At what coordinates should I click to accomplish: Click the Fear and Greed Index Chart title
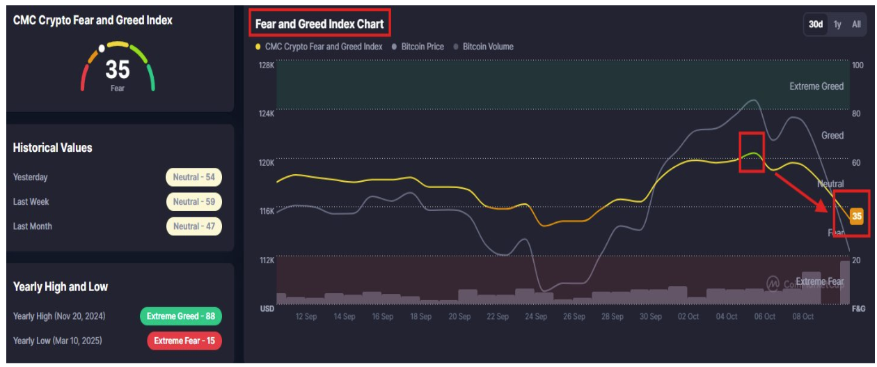[x=319, y=24]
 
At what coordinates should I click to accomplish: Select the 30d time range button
[x=816, y=24]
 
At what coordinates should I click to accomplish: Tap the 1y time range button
[x=837, y=24]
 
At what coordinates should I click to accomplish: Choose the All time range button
[x=856, y=24]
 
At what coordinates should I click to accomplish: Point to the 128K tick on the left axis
[x=267, y=65]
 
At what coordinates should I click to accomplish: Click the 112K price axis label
[x=267, y=260]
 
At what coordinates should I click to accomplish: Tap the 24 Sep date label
[x=535, y=316]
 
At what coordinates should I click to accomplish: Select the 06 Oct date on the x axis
[x=764, y=316]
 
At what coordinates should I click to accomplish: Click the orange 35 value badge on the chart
[x=856, y=216]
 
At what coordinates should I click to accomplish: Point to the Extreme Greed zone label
[x=816, y=86]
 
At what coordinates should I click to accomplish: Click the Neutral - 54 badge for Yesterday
[x=193, y=178]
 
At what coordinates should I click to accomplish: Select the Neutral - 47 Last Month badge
[x=193, y=226]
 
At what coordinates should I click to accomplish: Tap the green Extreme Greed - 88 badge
[x=180, y=316]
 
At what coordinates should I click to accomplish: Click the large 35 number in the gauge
[x=118, y=70]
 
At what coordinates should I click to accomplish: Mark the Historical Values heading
[x=52, y=148]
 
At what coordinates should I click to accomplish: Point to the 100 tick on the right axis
[x=857, y=65]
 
